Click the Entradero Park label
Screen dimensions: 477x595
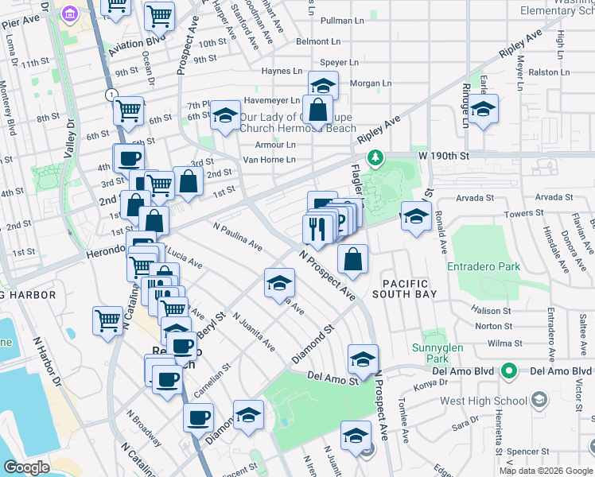click(x=483, y=266)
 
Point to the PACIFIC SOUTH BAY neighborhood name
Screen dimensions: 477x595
click(x=405, y=289)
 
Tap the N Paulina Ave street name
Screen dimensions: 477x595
click(x=238, y=237)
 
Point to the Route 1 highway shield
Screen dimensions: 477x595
click(x=111, y=95)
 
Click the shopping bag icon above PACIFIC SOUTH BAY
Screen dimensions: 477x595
click(x=352, y=258)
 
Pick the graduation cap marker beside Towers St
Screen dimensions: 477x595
click(x=415, y=215)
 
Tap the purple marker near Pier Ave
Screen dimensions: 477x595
click(x=69, y=14)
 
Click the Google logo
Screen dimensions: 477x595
click(x=26, y=467)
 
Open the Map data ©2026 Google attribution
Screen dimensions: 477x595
click(x=546, y=471)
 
